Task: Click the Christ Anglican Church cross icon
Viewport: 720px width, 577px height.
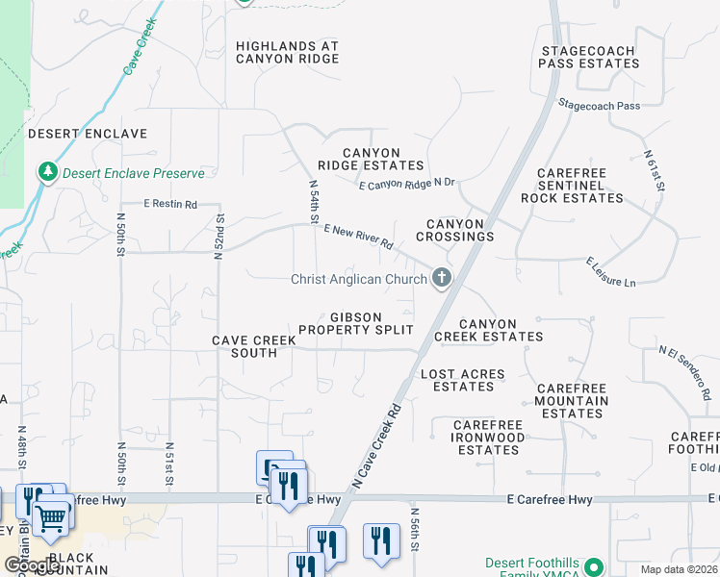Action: (442, 279)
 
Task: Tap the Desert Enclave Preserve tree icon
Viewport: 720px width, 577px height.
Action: (47, 173)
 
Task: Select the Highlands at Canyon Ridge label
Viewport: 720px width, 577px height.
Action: (288, 52)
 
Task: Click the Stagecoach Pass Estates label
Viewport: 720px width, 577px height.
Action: (589, 57)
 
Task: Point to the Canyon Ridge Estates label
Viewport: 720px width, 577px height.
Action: (371, 159)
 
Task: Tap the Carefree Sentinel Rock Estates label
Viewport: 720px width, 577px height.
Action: (572, 185)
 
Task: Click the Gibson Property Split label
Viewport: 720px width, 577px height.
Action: (355, 323)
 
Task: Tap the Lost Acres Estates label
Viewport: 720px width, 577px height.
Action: (463, 380)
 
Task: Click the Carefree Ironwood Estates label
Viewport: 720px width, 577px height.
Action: (489, 443)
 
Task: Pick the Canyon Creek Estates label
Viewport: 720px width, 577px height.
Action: (488, 331)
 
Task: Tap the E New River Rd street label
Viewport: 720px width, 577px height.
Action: (359, 237)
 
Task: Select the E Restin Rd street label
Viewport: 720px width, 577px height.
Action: (170, 204)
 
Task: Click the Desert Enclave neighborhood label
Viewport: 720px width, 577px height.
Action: (88, 134)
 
